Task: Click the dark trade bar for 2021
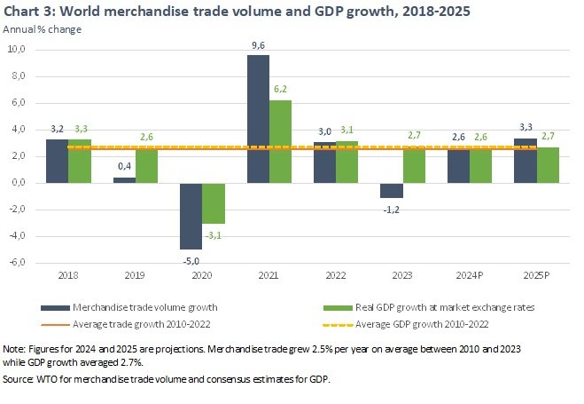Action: [x=258, y=119]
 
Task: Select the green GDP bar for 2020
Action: [x=214, y=203]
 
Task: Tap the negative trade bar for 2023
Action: [x=392, y=190]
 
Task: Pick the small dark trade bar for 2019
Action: [x=124, y=180]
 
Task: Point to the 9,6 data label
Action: [x=258, y=45]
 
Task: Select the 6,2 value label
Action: [x=280, y=91]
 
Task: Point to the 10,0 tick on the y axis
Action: [x=17, y=50]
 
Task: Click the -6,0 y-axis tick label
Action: [x=17, y=263]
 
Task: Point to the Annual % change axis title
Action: [x=43, y=29]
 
